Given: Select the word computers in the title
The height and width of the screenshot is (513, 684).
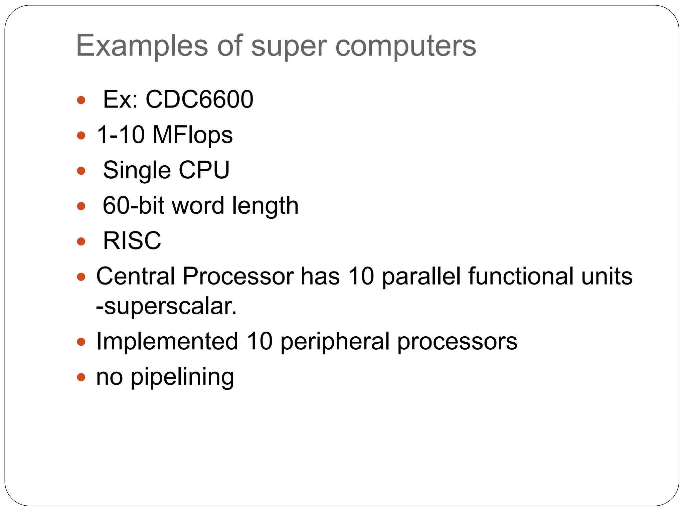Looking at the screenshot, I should tap(405, 47).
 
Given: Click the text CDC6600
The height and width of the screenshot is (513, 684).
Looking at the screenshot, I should tap(199, 99).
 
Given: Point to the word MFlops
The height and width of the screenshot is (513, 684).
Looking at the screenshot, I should tap(192, 135).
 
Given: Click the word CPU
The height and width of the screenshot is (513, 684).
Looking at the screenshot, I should tap(204, 170).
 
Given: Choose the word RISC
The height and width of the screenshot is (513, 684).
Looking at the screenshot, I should tap(132, 240).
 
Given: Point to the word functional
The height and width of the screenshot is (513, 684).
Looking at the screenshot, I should tap(521, 276).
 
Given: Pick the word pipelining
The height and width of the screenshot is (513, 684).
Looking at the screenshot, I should tap(182, 377).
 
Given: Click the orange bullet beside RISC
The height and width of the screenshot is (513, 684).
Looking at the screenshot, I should tap(81, 241).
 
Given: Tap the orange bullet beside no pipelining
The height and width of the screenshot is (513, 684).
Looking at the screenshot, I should tap(81, 377).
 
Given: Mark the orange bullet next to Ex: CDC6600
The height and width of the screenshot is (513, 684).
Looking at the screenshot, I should tap(81, 100).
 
